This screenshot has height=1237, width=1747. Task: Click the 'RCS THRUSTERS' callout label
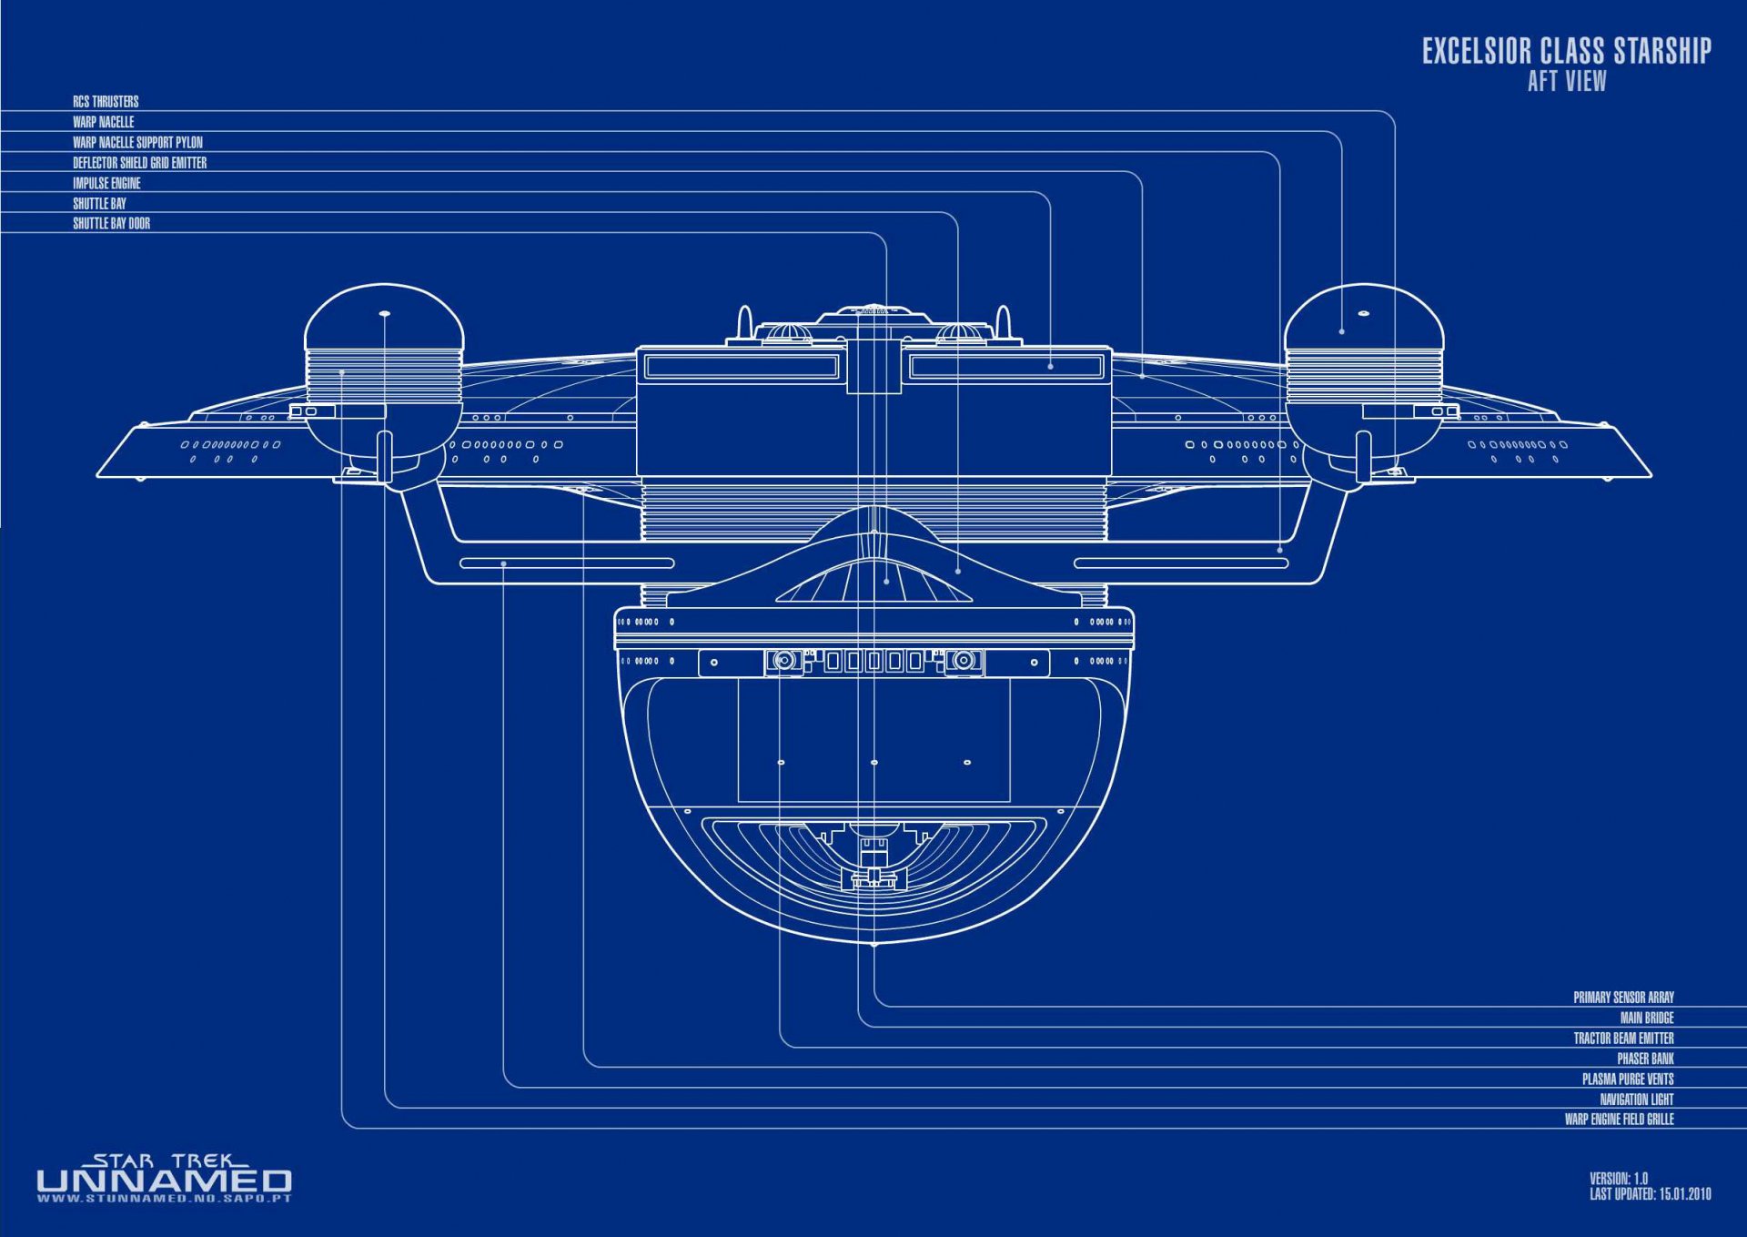click(106, 102)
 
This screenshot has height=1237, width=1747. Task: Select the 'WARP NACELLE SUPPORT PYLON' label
click(137, 143)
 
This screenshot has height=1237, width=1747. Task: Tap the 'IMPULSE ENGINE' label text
click(106, 183)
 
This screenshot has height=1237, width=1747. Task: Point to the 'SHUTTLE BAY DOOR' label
click(111, 224)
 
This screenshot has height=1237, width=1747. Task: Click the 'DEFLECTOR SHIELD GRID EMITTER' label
click(139, 163)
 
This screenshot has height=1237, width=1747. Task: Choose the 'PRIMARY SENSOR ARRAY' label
click(1623, 998)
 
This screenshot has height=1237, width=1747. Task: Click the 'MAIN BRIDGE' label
click(1646, 1018)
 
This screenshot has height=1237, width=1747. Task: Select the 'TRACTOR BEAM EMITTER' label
click(1623, 1039)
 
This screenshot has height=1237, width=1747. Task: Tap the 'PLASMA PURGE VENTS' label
click(1627, 1080)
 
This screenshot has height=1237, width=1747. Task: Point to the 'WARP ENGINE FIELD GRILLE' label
click(1619, 1120)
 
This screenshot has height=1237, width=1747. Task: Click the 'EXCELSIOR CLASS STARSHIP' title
click(1566, 51)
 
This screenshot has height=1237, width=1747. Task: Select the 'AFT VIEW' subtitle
click(1566, 82)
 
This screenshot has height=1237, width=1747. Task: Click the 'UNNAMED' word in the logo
click(164, 1181)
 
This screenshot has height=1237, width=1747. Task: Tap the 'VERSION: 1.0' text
click(1618, 1179)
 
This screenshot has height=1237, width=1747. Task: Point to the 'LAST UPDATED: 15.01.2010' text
click(1650, 1194)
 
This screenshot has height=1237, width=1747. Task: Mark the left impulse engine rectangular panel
click(741, 367)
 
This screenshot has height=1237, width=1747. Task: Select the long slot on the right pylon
click(1180, 563)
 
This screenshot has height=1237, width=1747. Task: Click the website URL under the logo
click(164, 1199)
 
